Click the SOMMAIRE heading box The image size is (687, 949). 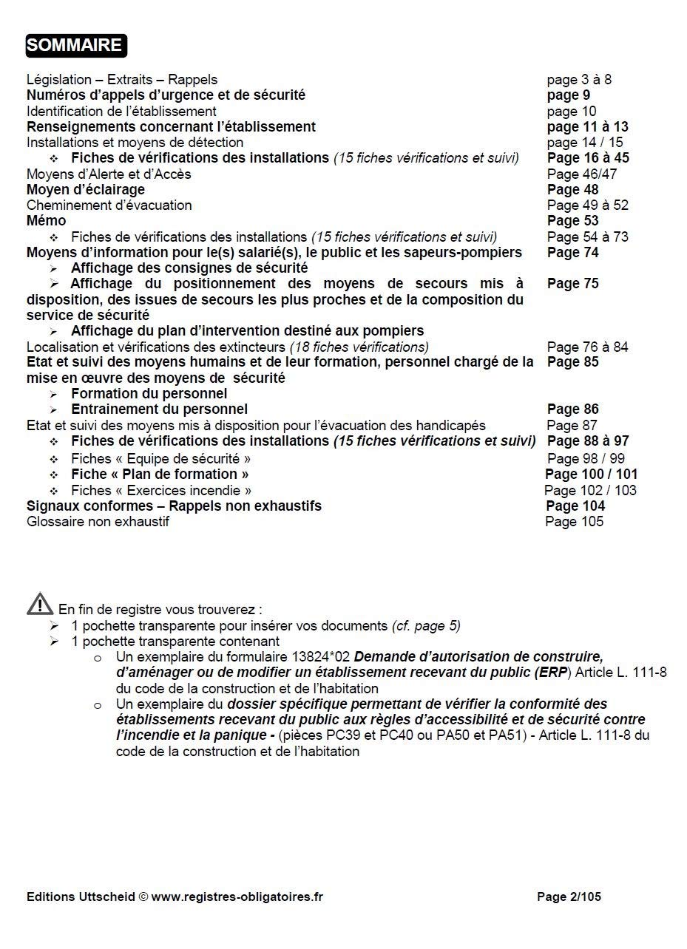tap(75, 45)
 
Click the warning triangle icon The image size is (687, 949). tap(40, 605)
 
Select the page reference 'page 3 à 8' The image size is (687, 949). tap(579, 80)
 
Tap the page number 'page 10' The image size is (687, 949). tap(572, 112)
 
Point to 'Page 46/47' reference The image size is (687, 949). tap(582, 174)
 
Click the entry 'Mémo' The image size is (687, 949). tap(46, 221)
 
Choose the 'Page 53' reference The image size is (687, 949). tap(573, 221)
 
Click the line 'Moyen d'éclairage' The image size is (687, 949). tap(86, 190)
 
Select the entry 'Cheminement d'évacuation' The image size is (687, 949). tap(109, 205)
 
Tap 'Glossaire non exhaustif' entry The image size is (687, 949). tap(98, 522)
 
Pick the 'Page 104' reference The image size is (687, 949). tap(575, 506)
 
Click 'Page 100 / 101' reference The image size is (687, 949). tap(591, 475)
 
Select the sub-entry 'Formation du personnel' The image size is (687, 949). tap(149, 394)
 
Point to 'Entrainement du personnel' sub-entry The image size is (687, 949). tap(159, 409)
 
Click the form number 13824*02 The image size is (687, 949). tap(322, 657)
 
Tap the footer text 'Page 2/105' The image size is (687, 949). tap(569, 897)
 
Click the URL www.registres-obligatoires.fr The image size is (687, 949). tap(237, 897)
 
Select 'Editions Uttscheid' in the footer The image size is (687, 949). tap(81, 897)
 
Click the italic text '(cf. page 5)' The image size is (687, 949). tap(426, 626)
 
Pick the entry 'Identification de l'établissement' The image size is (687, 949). tap(121, 112)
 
